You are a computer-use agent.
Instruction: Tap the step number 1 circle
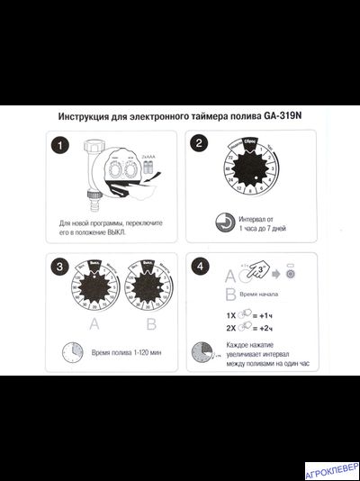(x=58, y=144)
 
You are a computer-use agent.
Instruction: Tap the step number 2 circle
(x=200, y=144)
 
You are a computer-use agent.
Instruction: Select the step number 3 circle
(x=58, y=268)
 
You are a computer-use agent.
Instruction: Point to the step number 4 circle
(x=200, y=268)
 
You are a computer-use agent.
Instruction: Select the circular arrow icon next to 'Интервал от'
(x=224, y=221)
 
